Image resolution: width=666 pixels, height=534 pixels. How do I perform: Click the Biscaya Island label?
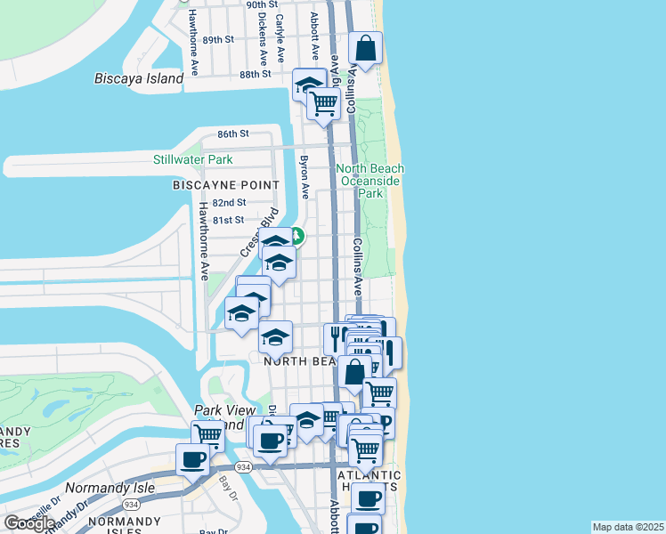(139, 78)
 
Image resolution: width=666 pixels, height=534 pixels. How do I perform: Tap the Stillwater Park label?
(192, 160)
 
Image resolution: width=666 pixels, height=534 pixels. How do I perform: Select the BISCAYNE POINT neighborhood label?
(225, 184)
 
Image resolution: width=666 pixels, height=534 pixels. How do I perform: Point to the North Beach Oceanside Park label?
(370, 181)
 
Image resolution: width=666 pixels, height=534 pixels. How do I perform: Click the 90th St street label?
(238, 4)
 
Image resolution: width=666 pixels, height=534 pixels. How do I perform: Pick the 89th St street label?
(218, 40)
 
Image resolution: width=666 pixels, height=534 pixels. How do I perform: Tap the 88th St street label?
(255, 74)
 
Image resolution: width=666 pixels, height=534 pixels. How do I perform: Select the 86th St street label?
(233, 133)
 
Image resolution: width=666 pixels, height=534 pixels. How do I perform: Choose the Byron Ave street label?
(304, 177)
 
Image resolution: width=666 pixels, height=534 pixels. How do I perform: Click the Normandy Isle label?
(110, 488)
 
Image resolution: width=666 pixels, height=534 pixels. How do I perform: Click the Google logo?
(29, 523)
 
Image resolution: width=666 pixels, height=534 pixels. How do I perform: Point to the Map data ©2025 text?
(628, 527)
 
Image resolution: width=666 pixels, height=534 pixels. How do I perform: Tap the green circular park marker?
(296, 237)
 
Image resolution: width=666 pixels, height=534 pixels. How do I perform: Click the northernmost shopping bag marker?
(365, 48)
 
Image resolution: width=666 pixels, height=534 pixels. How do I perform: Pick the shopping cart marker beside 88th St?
(323, 104)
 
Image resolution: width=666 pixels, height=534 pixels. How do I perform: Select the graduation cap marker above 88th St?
(309, 85)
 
